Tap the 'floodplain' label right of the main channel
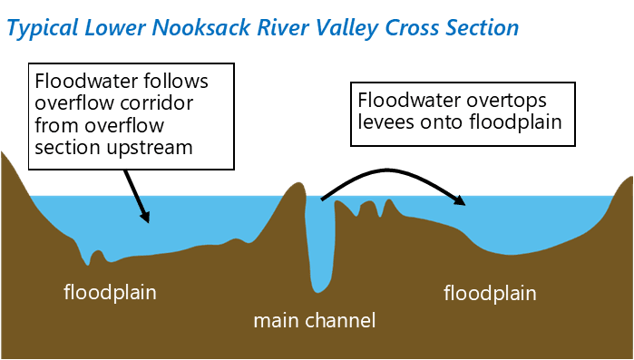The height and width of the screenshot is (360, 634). point(490,293)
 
